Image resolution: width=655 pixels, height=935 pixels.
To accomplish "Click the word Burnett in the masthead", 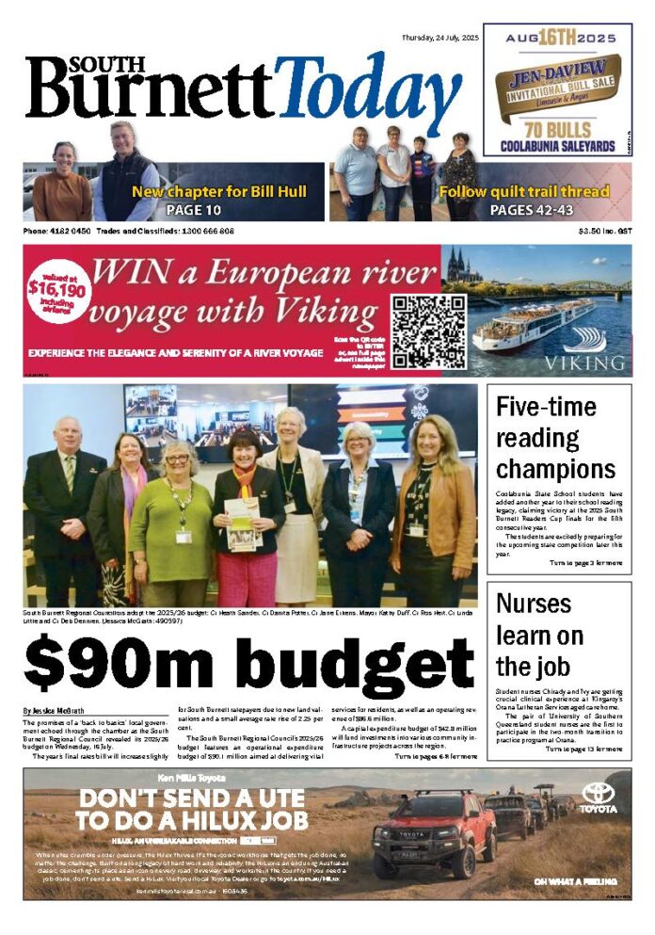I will tap(151, 94).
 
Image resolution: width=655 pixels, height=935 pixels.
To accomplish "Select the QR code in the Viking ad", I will tap(428, 330).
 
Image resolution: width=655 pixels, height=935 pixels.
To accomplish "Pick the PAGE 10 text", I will tap(193, 209).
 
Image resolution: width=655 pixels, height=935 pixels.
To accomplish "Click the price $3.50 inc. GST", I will tap(604, 232).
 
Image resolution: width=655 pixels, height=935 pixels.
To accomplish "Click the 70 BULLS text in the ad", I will tap(551, 129).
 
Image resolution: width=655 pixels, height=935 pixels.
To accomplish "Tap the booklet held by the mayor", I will tap(242, 524).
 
